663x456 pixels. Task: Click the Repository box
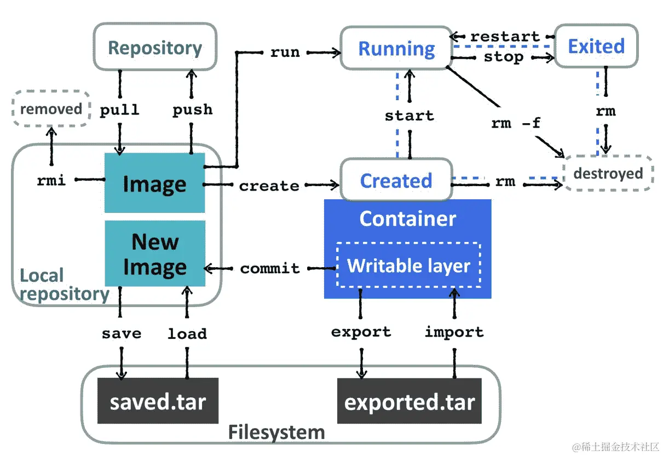coord(155,48)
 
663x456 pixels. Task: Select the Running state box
coord(396,49)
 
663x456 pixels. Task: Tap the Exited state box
coord(596,47)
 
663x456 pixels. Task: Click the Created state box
coord(396,180)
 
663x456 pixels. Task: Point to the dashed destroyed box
coord(608,174)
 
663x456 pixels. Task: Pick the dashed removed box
coord(51,108)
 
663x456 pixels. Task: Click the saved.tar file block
coord(158,401)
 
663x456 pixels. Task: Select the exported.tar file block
coord(409,402)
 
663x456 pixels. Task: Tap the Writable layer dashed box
coord(408,265)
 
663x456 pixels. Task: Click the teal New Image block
coord(155,253)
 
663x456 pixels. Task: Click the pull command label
coord(119,109)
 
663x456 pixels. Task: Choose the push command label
coord(192,109)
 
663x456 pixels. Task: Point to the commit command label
coord(270,268)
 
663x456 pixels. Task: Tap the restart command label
coord(505,37)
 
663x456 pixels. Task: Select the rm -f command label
coord(515,123)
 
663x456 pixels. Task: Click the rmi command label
coord(51,180)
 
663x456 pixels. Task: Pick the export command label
coord(361,332)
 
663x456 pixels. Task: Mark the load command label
coord(187,333)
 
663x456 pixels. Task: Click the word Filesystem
coord(276,432)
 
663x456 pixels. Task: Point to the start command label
coord(409,116)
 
